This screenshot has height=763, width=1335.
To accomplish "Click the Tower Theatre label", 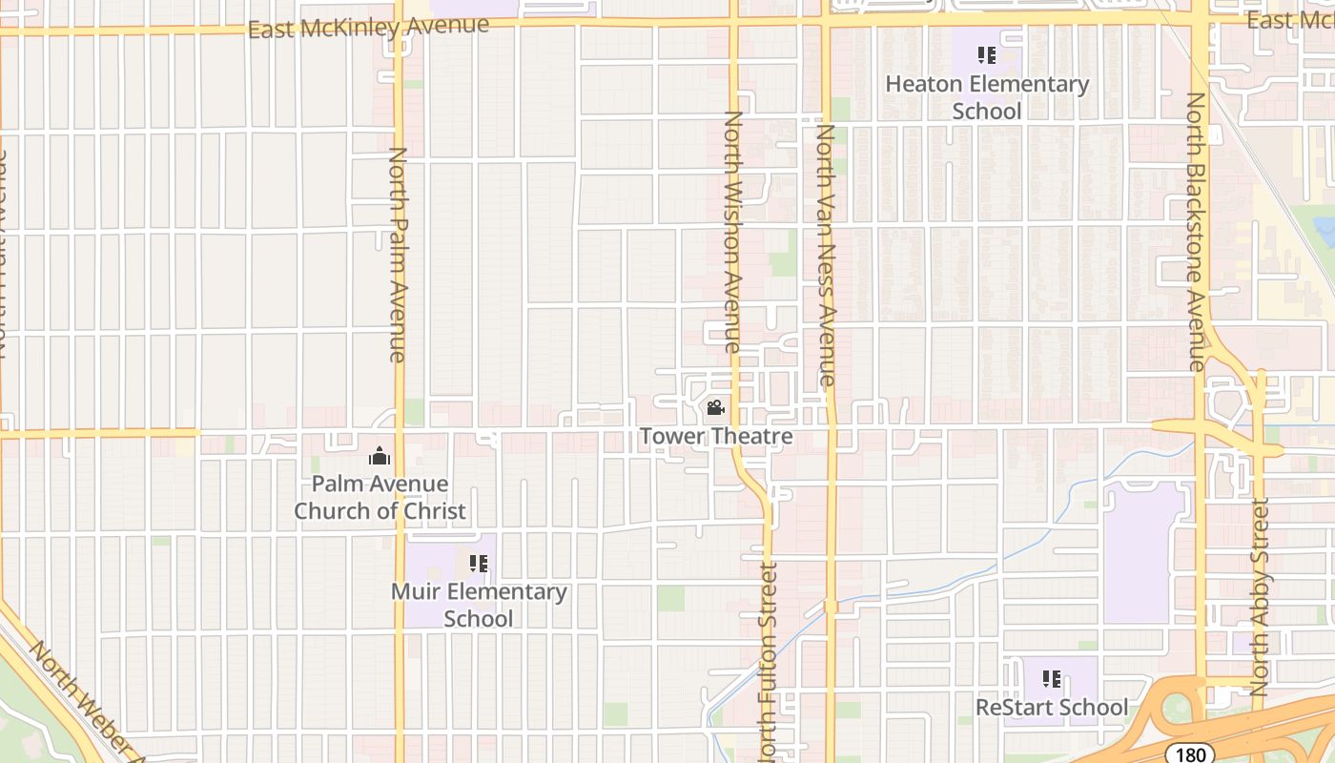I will tap(715, 437).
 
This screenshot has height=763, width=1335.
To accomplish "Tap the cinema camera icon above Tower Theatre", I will tap(715, 409).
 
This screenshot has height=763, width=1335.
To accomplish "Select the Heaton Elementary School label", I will tap(987, 97).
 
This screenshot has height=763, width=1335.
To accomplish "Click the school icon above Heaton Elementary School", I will tap(987, 55).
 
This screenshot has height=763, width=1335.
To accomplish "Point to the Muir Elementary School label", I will tap(479, 605).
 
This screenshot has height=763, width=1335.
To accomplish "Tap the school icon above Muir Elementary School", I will tap(479, 564).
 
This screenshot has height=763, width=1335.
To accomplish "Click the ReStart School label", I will tap(1051, 708).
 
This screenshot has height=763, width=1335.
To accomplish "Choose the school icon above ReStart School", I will tap(1052, 679).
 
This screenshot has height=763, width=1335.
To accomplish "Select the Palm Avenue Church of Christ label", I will tap(380, 497).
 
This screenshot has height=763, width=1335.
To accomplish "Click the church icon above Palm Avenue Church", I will tap(380, 457).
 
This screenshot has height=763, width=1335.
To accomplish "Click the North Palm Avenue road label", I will tap(398, 255).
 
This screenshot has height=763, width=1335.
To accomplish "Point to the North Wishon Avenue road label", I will tap(733, 232).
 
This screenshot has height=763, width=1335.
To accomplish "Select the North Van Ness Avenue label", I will tap(826, 255).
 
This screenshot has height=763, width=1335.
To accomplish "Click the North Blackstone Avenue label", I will tap(1197, 232).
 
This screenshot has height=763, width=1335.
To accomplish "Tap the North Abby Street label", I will tap(1260, 597).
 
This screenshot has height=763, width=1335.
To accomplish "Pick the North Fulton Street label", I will tap(768, 662).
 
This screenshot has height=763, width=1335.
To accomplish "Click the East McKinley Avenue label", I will tap(368, 27).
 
